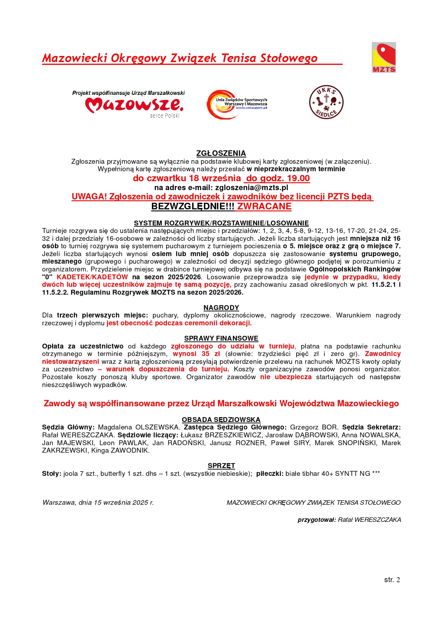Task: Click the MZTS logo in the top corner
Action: [384, 57]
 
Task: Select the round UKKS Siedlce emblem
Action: [326, 102]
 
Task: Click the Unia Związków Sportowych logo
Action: [237, 104]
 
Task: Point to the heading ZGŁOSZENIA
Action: [221, 153]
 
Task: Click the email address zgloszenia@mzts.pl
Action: [252, 188]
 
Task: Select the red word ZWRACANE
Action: [264, 207]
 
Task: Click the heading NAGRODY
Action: [221, 307]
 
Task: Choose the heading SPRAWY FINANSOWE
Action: [221, 338]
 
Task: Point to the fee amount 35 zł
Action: [211, 354]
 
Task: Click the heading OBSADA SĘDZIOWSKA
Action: [221, 419]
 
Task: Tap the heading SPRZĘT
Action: [221, 465]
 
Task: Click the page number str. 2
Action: [392, 580]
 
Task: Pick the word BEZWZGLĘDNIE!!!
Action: [193, 207]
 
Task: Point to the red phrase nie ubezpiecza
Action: [286, 377]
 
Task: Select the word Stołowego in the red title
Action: [288, 58]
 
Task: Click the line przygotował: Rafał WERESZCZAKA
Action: [349, 520]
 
